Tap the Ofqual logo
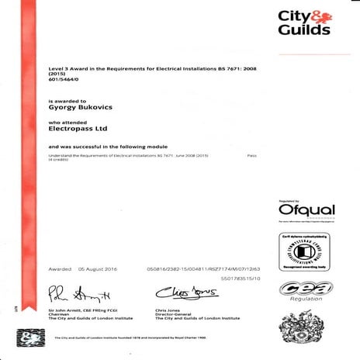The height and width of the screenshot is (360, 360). tap(306, 210)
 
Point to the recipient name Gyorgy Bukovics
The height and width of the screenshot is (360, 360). tap(80, 109)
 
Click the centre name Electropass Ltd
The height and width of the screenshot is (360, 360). tap(77, 129)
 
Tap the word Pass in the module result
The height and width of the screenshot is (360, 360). tap(251, 156)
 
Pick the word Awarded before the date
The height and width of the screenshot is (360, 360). tap(60, 268)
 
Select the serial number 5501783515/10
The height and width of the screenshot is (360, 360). tap(241, 278)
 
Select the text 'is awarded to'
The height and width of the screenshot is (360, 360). tap(63, 102)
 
